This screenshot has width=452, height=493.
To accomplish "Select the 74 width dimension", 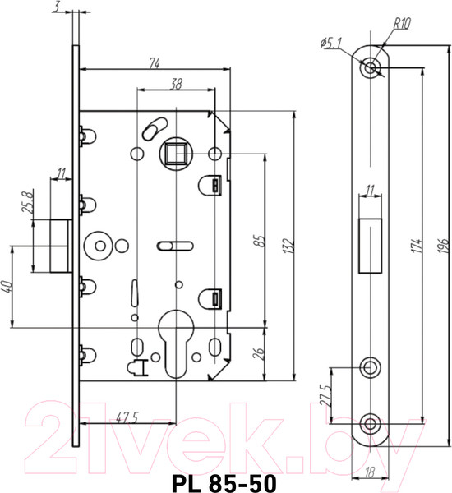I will pyautogui.click(x=154, y=62).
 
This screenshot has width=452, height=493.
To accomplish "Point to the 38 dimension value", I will pyautogui.click(x=175, y=84).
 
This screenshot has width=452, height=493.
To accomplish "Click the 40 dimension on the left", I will pyautogui.click(x=8, y=288).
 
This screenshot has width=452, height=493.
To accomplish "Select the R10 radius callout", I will pyautogui.click(x=401, y=24).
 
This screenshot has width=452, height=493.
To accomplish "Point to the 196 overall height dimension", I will pyautogui.click(x=442, y=247).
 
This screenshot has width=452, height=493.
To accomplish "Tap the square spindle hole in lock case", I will pyautogui.click(x=175, y=154).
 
